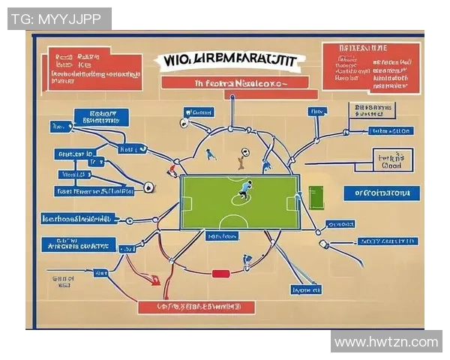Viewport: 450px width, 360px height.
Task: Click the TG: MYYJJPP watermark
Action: (59, 19)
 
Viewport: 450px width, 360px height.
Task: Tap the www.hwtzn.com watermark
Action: (385, 342)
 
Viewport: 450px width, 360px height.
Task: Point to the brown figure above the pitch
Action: (241, 158)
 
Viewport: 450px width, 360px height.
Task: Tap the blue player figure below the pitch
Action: (247, 261)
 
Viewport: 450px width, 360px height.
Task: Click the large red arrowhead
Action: (155, 280)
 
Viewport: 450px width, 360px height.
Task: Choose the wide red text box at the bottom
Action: (196, 307)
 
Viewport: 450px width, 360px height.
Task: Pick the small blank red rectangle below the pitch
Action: (220, 274)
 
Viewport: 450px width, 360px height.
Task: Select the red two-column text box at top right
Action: (370, 66)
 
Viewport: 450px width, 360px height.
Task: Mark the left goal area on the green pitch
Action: (185, 202)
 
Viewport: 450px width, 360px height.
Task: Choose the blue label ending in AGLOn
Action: (389, 131)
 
